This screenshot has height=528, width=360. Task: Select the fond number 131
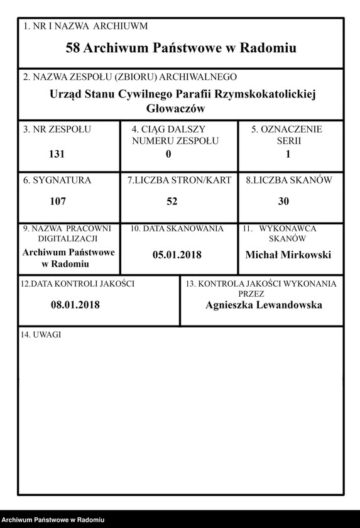(x=57, y=154)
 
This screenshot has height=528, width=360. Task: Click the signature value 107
(x=58, y=202)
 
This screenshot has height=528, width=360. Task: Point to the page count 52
(x=172, y=202)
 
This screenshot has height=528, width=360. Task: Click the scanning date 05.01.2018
(x=177, y=255)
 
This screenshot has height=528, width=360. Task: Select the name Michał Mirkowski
(x=288, y=255)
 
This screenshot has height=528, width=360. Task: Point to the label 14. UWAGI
(x=41, y=334)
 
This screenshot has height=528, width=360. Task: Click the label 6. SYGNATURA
(x=57, y=180)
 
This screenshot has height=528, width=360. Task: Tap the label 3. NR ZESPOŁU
(x=57, y=129)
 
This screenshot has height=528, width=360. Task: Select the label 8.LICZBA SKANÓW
(x=289, y=180)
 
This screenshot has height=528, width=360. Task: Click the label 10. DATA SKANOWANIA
(x=177, y=229)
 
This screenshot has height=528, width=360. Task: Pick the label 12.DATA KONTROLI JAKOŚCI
(x=77, y=283)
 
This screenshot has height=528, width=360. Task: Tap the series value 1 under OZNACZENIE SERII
(x=288, y=154)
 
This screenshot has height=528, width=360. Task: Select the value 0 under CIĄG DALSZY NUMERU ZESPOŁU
(x=168, y=154)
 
